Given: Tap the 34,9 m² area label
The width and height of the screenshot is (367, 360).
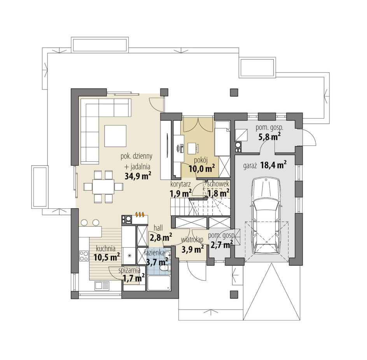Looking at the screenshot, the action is coord(138,176).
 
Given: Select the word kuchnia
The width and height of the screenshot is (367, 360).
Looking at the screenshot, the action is coord(106,248).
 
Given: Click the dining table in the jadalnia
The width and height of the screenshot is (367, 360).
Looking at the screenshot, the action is coord(103,187).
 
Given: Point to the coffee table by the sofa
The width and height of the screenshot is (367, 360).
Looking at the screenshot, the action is coord(115,136).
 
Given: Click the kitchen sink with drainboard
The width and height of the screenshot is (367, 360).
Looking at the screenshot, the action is coord(102,286).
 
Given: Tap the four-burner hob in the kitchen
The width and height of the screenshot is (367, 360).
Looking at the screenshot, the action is coord(84,256).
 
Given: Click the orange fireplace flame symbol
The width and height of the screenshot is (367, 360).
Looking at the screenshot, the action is coord(140,214).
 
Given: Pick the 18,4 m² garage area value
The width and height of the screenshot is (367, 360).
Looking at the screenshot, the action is coord(273,165).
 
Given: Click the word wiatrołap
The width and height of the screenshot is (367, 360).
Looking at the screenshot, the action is coord(192,240).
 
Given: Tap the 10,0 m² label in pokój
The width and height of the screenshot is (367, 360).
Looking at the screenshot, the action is coord(202,168).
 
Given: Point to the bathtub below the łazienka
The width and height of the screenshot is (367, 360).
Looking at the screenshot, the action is coord(159,283).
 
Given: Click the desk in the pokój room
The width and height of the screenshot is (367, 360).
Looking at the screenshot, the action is coord(192,149).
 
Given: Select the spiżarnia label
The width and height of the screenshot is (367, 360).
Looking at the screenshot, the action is coord(129,271).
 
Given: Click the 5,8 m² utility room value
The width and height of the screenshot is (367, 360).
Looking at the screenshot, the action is coord(269,137).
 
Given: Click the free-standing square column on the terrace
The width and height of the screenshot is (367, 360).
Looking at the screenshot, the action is coord(234,93).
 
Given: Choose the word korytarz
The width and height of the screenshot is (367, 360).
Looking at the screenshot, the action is coord(180,184).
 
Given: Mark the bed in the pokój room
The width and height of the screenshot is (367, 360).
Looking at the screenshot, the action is coord(222,138).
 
